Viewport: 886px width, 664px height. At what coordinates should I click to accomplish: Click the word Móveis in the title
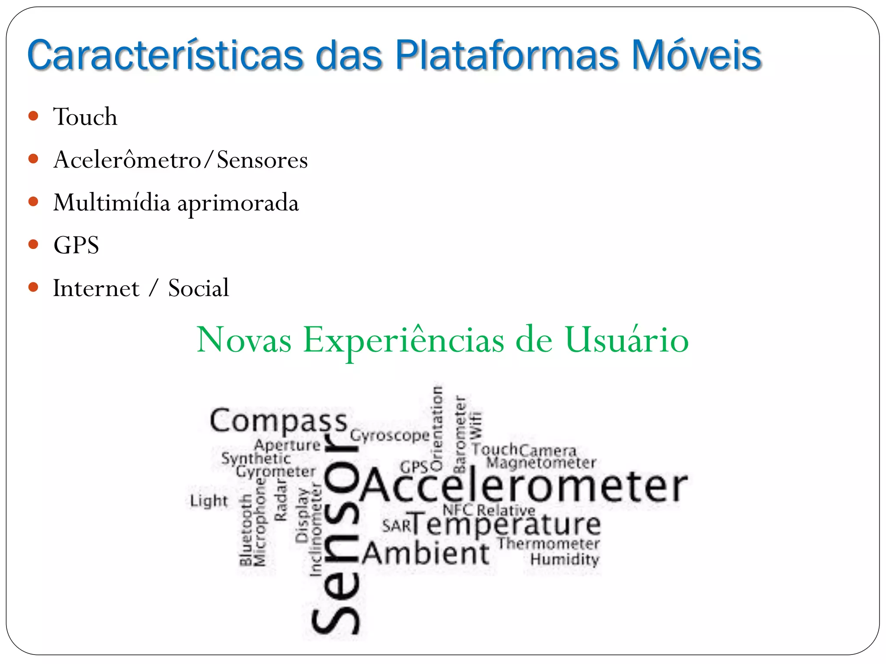(696, 55)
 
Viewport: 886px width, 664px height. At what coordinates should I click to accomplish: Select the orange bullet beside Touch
(33, 116)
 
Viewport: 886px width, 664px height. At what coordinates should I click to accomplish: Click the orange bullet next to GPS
(33, 245)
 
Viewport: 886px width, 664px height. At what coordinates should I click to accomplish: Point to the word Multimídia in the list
(112, 202)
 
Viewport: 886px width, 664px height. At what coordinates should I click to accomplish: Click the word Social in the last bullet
(199, 288)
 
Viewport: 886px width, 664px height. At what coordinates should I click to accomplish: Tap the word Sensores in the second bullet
(262, 160)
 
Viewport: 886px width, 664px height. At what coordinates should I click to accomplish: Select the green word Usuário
(626, 340)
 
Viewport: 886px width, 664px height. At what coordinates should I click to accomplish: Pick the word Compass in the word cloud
(279, 421)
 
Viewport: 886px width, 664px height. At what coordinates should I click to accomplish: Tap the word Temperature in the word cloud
(505, 525)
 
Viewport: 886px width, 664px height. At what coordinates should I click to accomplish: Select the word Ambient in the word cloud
(426, 554)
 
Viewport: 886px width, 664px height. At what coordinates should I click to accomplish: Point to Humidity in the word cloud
(565, 559)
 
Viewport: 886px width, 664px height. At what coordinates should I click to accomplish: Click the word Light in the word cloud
(209, 501)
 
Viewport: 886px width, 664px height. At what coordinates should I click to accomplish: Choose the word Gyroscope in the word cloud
(390, 435)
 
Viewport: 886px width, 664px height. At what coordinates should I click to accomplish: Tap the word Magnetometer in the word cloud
(541, 463)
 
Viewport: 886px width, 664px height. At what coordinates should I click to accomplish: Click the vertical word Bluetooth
(245, 530)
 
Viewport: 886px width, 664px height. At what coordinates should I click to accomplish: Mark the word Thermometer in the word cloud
(549, 543)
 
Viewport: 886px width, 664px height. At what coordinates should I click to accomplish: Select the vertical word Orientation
(437, 428)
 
